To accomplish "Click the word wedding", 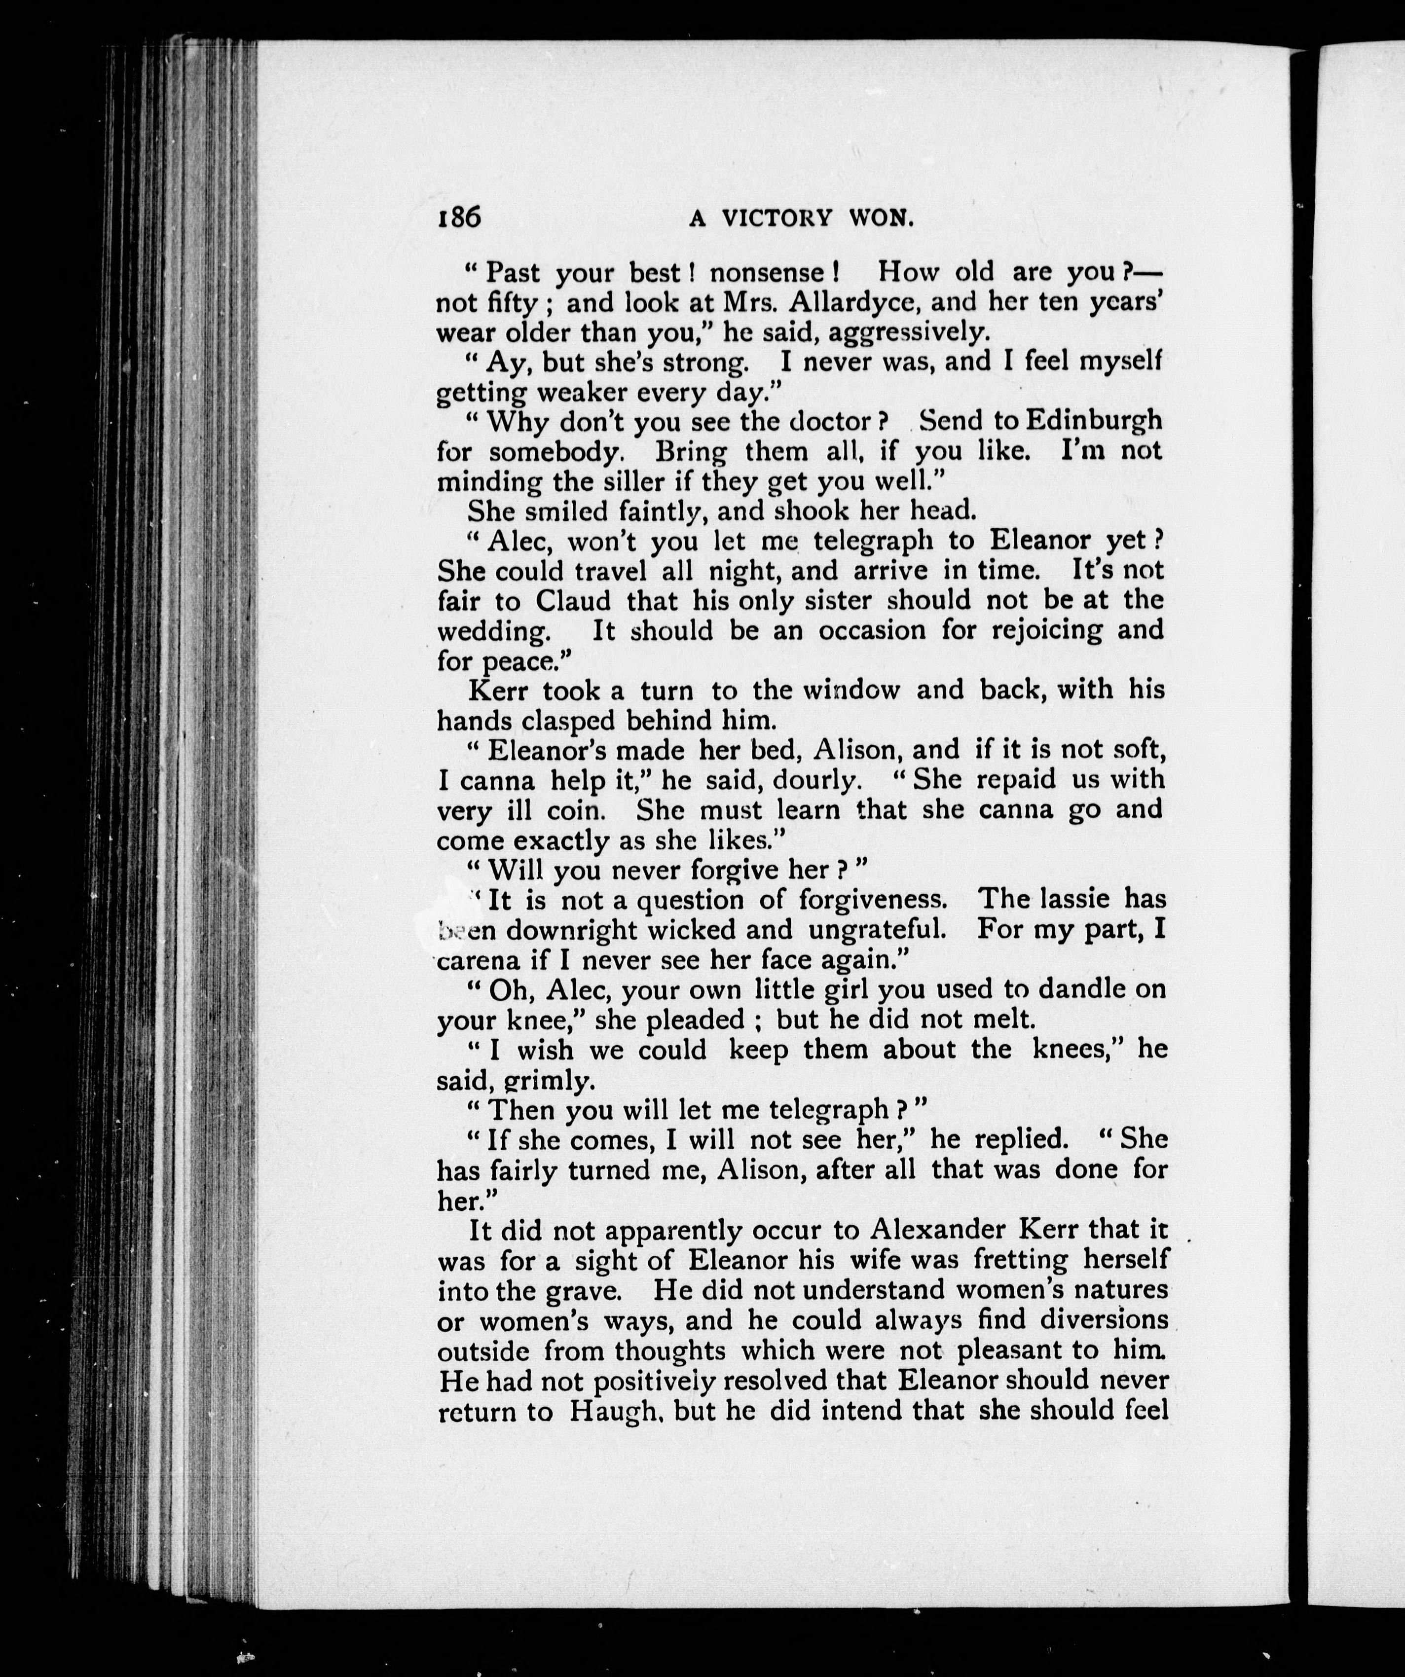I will click(x=494, y=632).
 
